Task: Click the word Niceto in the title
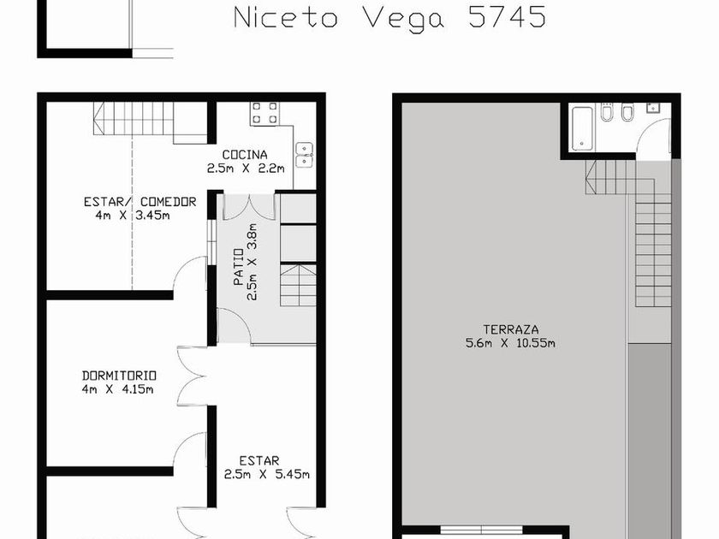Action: (x=286, y=18)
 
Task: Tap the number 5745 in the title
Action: (x=507, y=17)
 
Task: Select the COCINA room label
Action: (x=245, y=155)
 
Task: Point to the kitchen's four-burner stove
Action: (x=264, y=113)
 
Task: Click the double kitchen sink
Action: (x=305, y=155)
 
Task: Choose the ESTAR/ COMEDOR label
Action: (x=140, y=202)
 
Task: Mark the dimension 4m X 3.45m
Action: (x=133, y=215)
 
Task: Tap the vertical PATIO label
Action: (x=239, y=267)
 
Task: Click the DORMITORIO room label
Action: (x=119, y=376)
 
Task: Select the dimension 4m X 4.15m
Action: (x=117, y=389)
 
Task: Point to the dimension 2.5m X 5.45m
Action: (x=267, y=474)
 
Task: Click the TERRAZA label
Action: (x=511, y=329)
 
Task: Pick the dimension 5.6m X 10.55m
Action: (x=510, y=343)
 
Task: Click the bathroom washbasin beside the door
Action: (x=654, y=108)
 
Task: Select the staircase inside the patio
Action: (x=298, y=285)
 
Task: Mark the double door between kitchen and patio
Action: (x=249, y=207)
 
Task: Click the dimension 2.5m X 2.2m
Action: (x=246, y=169)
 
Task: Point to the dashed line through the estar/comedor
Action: (x=132, y=212)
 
